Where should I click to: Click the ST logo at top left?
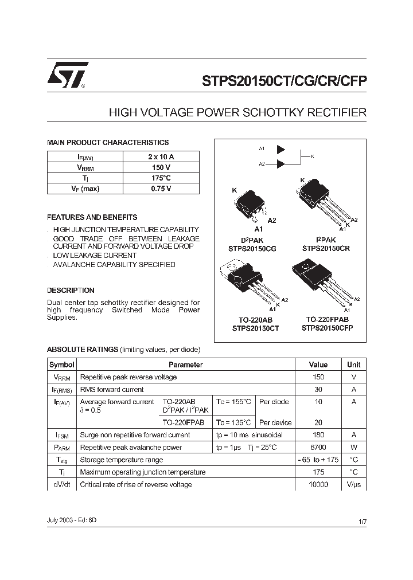pyautogui.click(x=67, y=75)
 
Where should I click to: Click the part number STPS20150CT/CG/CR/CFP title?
pyautogui.click(x=284, y=81)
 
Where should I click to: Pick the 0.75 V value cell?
pyautogui.click(x=161, y=189)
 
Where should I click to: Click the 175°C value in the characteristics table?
pyautogui.click(x=161, y=178)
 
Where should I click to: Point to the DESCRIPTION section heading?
pyautogui.click(x=71, y=291)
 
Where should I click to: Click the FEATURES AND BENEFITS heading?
pyautogui.click(x=92, y=218)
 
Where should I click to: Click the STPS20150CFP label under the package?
pyautogui.click(x=327, y=328)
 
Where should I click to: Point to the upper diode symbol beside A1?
pyautogui.click(x=280, y=149)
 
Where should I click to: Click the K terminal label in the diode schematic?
pyautogui.click(x=313, y=156)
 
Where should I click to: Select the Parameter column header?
pyautogui.click(x=185, y=365)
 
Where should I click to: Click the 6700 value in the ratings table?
pyautogui.click(x=318, y=447)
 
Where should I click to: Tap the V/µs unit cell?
pyautogui.click(x=353, y=485)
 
